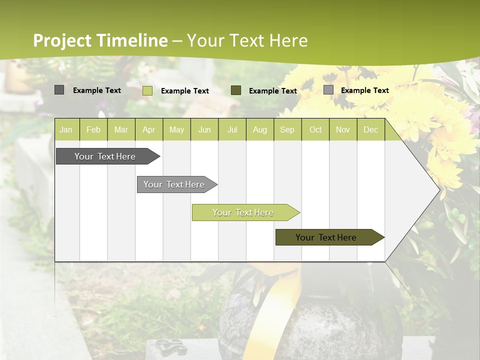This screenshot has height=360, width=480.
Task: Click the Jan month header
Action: pyautogui.click(x=66, y=130)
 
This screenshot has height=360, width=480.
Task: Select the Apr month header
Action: pyautogui.click(x=148, y=130)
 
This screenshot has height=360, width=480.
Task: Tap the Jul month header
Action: pyautogui.click(x=232, y=130)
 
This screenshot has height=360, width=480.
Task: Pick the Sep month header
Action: pyautogui.click(x=287, y=130)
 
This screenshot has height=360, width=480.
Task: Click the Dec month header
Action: pyautogui.click(x=370, y=130)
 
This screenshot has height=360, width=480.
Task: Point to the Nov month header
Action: pyautogui.click(x=342, y=130)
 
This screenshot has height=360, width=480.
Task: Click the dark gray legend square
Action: pyautogui.click(x=59, y=90)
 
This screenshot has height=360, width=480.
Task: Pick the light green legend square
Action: pyautogui.click(x=147, y=90)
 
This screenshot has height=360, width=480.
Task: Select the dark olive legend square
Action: pyautogui.click(x=236, y=90)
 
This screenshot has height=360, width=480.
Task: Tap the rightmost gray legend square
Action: pyautogui.click(x=328, y=90)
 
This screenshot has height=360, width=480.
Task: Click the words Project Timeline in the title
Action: pyautogui.click(x=100, y=40)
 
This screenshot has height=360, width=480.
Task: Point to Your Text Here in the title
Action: pyautogui.click(x=247, y=40)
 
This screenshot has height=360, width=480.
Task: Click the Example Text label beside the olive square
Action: pyautogui.click(x=272, y=91)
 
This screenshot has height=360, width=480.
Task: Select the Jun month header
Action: pyautogui.click(x=204, y=130)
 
